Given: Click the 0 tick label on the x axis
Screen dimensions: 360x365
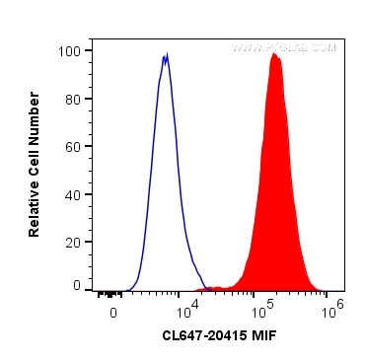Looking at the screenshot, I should point(113,312).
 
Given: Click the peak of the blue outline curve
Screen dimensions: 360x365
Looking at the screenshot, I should point(166,56).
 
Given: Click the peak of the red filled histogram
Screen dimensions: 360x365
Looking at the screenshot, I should point(274,55).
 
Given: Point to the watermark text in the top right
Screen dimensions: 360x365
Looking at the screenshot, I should point(284,47).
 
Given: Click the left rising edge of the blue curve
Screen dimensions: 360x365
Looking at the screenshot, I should point(152,148).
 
